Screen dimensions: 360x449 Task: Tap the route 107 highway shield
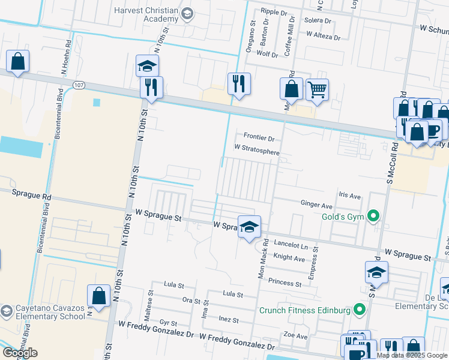coord(79,85)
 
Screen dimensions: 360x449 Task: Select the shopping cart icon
coord(317,90)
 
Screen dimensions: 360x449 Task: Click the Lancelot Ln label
coord(291,246)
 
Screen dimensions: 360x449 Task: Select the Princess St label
coord(285,283)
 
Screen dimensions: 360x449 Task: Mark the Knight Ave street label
coord(289,258)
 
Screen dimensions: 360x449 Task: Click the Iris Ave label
coord(349,196)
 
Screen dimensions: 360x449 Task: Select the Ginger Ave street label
coord(316,205)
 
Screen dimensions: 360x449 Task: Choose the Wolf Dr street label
coord(267,55)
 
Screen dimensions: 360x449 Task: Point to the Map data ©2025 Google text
coord(412,355)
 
